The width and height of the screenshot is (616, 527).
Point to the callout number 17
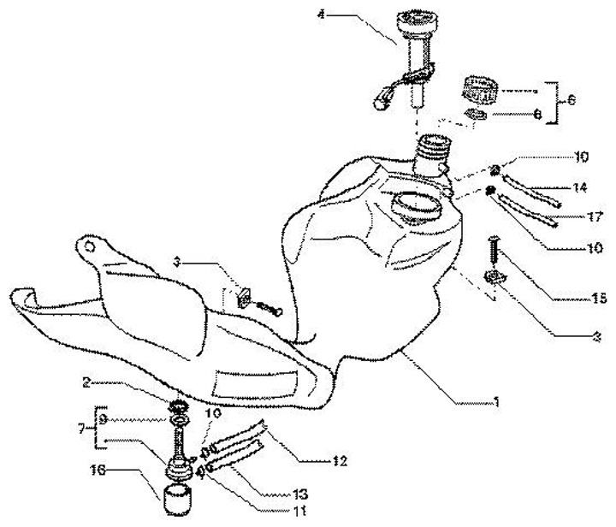point(594,216)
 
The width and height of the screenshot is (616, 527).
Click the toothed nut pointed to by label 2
point(178,405)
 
